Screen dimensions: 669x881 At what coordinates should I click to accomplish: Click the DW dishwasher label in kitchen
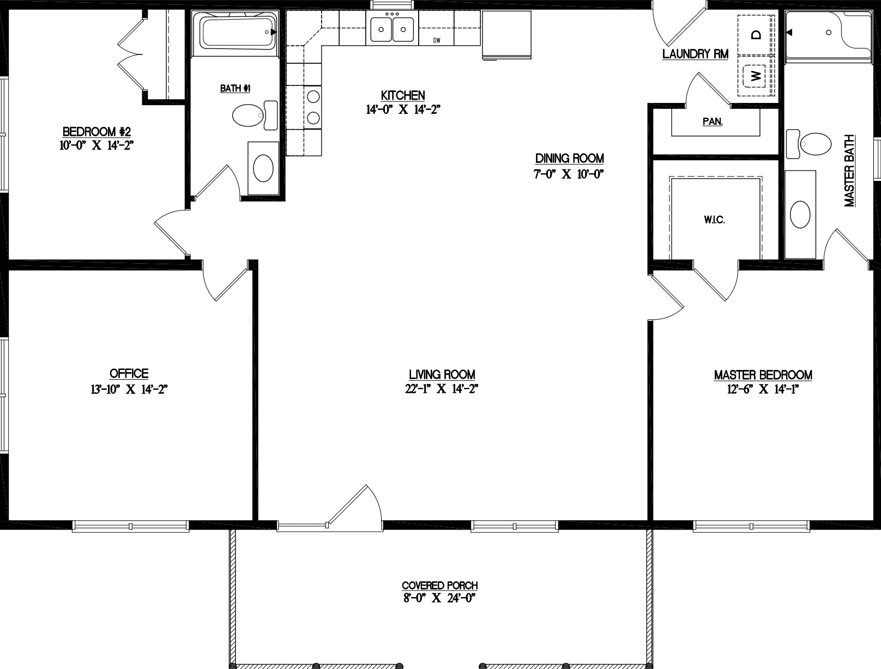coord(437,40)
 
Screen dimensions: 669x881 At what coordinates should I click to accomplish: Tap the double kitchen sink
coord(391,28)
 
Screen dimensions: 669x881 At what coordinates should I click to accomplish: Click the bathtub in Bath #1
coord(238,33)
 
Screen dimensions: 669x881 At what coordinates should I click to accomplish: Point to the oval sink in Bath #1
coord(263,168)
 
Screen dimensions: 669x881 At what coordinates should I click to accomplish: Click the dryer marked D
coord(756,35)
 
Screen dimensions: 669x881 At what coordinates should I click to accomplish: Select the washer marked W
coord(756,76)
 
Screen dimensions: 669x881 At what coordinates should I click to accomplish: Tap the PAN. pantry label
coord(713,122)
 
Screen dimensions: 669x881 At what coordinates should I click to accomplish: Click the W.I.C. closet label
coord(714,221)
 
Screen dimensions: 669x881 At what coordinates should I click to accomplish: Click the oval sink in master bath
coord(800,214)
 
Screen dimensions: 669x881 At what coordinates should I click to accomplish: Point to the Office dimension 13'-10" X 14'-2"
coord(129,390)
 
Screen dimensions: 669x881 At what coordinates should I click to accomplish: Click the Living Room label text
coord(442,375)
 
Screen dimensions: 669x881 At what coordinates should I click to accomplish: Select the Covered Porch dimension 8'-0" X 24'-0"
coord(439,598)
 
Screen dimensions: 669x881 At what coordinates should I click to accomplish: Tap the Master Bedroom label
coord(763,375)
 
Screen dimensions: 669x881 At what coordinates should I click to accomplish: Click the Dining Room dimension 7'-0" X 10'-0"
coord(569,174)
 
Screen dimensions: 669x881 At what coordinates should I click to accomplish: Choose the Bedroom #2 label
coord(97,132)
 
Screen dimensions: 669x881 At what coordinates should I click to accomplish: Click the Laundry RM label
coord(695,54)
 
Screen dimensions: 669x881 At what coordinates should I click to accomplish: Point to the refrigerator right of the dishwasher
coord(506,34)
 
